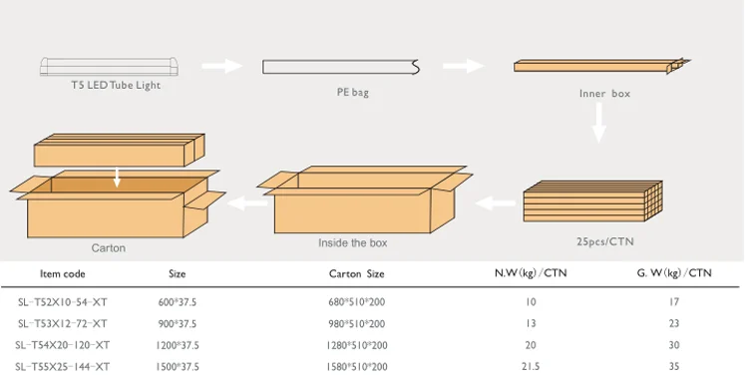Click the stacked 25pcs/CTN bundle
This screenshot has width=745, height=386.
pyautogui.click(x=592, y=202)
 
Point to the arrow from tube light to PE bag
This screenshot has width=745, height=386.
pyautogui.click(x=222, y=67)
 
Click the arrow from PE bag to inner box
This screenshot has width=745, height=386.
pyautogui.click(x=464, y=67)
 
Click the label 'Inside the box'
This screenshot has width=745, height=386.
pyautogui.click(x=353, y=243)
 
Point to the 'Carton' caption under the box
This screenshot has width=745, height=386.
pyautogui.click(x=109, y=247)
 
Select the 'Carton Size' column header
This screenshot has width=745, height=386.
pyautogui.click(x=357, y=273)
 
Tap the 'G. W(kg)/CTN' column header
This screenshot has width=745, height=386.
pyautogui.click(x=674, y=273)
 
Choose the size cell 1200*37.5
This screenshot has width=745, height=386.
pyautogui.click(x=179, y=345)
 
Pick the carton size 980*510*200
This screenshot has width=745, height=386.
pyautogui.click(x=357, y=323)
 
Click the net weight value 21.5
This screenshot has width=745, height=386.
pyautogui.click(x=531, y=367)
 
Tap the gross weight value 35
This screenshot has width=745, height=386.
pyautogui.click(x=674, y=367)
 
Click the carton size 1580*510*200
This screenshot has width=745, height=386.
pyautogui.click(x=357, y=367)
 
